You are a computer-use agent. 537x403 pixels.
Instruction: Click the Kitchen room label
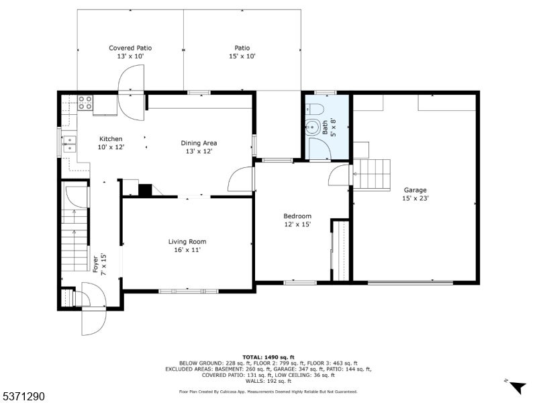[x=111, y=139]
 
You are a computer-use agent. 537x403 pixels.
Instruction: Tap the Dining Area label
[x=199, y=143]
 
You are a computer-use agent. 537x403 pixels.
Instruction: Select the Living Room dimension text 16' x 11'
[x=187, y=250]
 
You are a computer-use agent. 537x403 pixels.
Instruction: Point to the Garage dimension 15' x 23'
[x=415, y=198]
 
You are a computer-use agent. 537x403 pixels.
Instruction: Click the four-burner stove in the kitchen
[x=85, y=103]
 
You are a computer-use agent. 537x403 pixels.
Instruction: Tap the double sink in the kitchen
[x=69, y=144]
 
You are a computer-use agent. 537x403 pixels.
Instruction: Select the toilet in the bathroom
[x=315, y=109]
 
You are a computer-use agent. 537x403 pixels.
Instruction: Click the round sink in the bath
[x=313, y=127]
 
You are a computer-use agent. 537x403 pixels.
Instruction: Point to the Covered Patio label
[x=130, y=48]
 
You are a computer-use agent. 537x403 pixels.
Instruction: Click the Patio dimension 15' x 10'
[x=242, y=56]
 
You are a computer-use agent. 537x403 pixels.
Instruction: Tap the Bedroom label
[x=297, y=216]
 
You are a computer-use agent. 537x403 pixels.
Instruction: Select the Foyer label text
[x=95, y=264]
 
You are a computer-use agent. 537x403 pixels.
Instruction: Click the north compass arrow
[x=517, y=387]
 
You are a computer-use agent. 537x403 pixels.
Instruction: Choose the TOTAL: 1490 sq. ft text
[x=268, y=357]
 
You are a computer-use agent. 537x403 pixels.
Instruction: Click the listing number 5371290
[x=23, y=396]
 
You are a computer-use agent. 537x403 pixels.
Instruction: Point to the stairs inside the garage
[x=372, y=175]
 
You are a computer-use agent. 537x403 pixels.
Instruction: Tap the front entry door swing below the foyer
[x=94, y=322]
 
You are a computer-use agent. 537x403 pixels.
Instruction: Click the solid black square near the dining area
[x=145, y=191]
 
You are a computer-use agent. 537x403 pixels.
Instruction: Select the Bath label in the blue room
[x=325, y=127]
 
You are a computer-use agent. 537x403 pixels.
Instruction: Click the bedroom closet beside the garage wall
[x=340, y=251]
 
